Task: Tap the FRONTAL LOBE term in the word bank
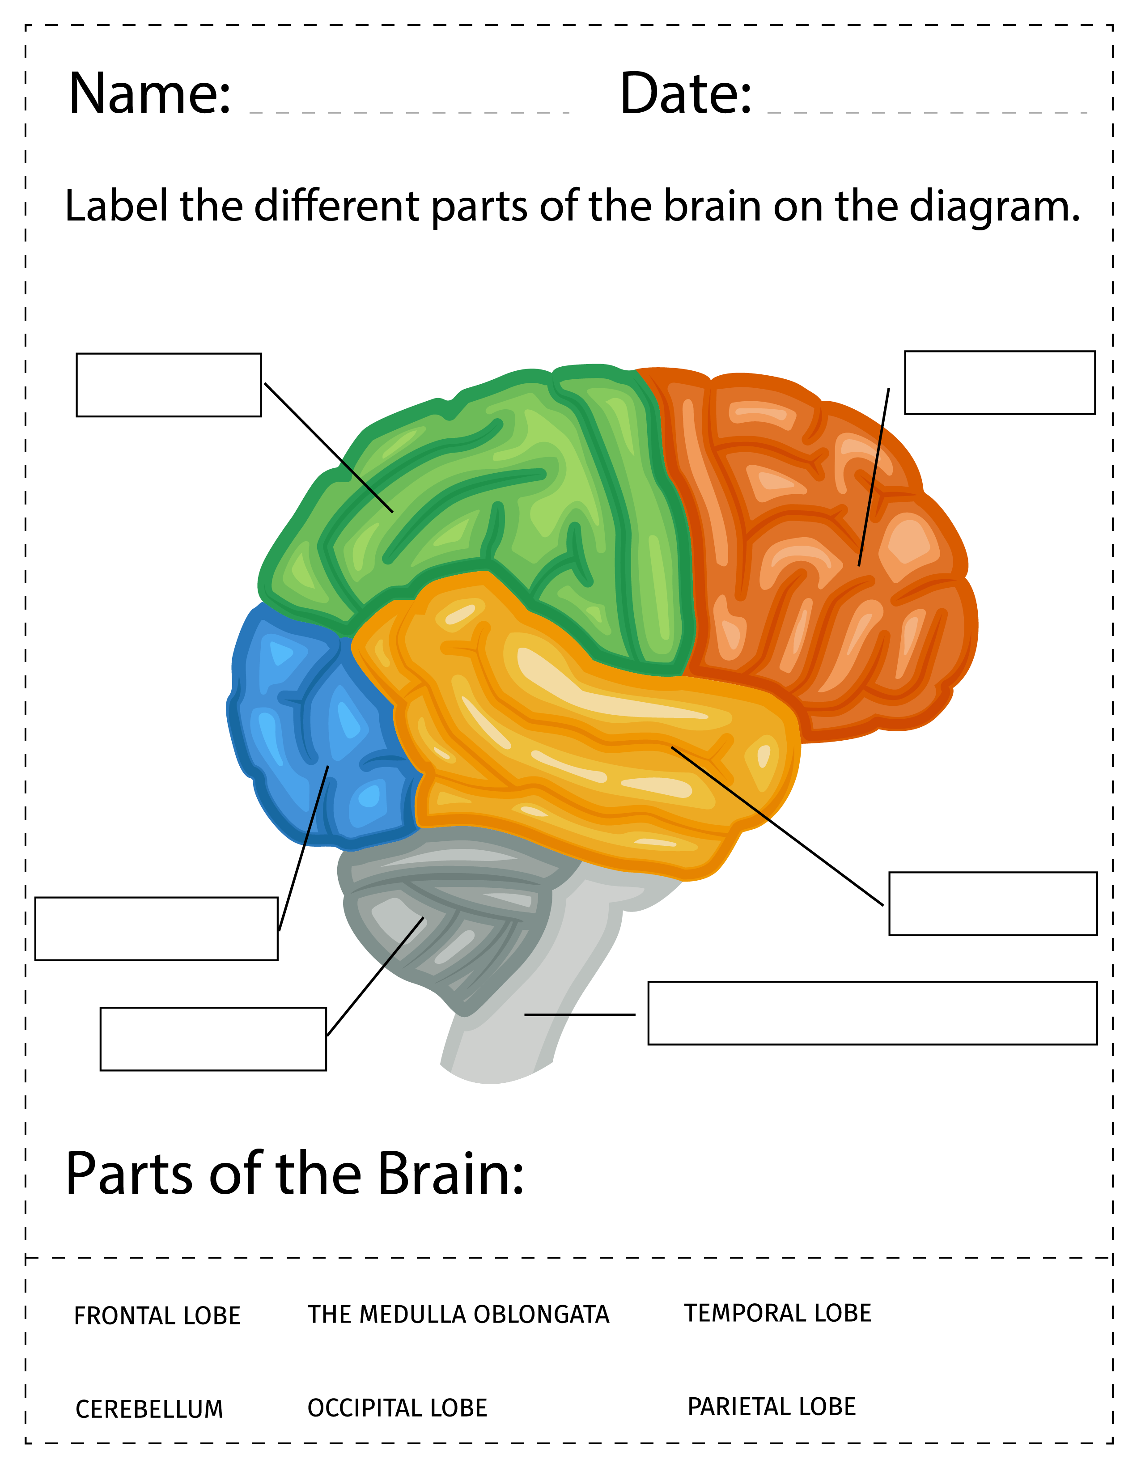click(x=157, y=1316)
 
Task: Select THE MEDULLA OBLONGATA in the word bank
click(x=459, y=1315)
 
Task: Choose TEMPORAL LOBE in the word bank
click(x=778, y=1313)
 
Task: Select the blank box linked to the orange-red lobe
click(x=1000, y=382)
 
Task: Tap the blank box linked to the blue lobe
click(x=156, y=929)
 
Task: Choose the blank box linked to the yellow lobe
click(x=993, y=903)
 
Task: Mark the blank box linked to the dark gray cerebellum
click(x=213, y=1039)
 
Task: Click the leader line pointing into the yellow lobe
click(x=777, y=826)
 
